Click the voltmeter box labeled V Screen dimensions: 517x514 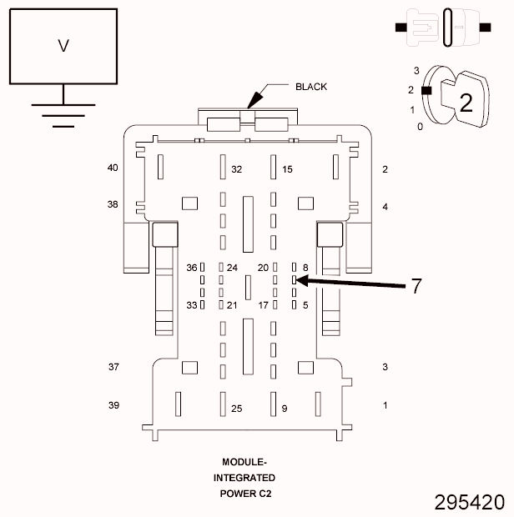coord(63,46)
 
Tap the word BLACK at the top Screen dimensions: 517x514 coord(311,87)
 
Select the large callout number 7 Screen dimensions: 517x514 coord(416,286)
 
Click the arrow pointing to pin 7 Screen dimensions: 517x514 coord(350,283)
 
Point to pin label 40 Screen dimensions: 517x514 coord(113,168)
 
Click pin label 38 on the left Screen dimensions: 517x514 coord(113,203)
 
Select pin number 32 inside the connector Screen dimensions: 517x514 coord(237,169)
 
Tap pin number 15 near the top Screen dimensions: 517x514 coord(288,169)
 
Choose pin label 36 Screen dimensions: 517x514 coord(191,268)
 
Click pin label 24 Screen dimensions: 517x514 coord(232,268)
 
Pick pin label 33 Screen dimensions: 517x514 coord(191,305)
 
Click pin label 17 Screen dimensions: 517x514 coord(263,305)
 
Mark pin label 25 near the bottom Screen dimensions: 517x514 coord(237,409)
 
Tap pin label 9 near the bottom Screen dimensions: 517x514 coord(285,409)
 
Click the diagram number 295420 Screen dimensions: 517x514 coord(469,502)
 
